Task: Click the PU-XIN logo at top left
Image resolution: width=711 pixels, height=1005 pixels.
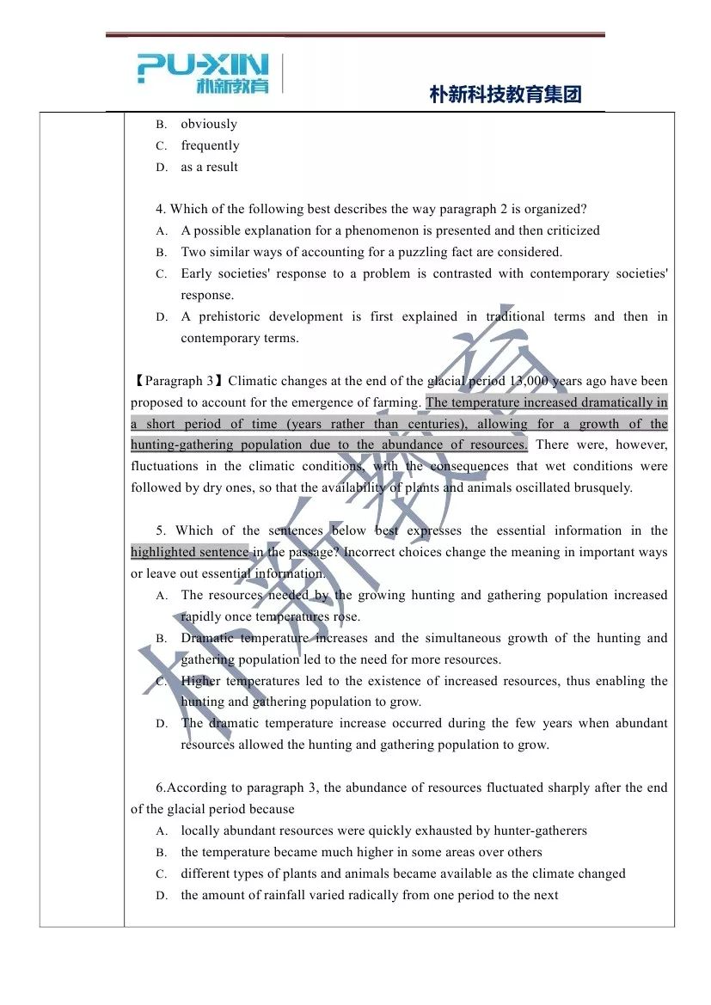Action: pyautogui.click(x=203, y=73)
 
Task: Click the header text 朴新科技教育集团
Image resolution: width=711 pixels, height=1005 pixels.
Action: pyautogui.click(x=506, y=95)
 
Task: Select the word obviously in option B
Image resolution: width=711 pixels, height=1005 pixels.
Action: pyautogui.click(x=209, y=124)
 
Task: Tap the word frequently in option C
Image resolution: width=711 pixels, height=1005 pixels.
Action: pyautogui.click(x=210, y=145)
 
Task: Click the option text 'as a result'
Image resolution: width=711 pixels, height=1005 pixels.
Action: pyautogui.click(x=209, y=167)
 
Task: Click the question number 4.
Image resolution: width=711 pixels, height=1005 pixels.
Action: pyautogui.click(x=160, y=209)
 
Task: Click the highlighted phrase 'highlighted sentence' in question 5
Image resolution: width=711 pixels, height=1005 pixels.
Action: pyautogui.click(x=189, y=552)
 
